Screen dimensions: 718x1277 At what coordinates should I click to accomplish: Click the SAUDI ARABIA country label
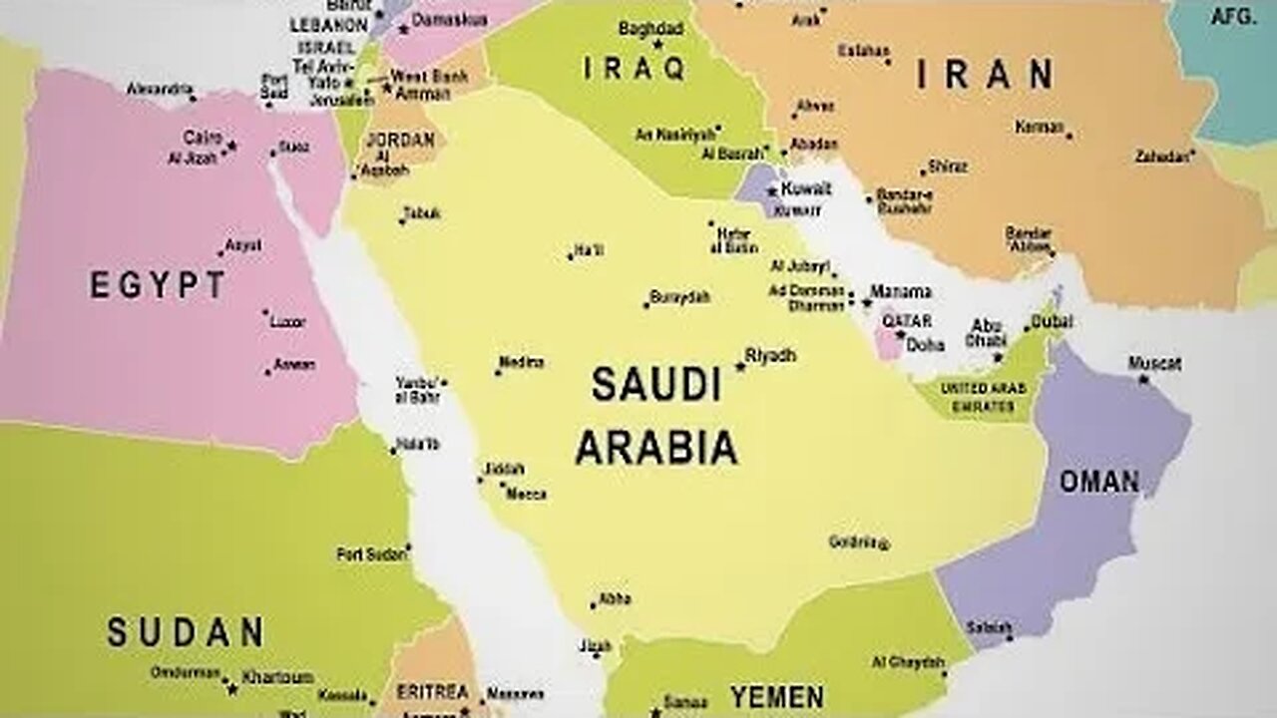tap(655, 416)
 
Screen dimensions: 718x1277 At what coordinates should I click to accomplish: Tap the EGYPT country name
tap(158, 286)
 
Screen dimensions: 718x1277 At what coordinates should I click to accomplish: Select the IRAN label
tap(984, 75)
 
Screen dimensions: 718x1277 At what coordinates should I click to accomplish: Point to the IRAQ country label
tap(635, 68)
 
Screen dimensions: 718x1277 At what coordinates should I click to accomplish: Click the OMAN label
tap(1098, 482)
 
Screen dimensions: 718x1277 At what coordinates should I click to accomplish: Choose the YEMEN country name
tap(776, 696)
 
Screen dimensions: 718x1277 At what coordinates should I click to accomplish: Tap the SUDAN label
tap(186, 632)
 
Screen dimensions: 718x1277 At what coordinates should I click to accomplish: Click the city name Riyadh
tap(771, 355)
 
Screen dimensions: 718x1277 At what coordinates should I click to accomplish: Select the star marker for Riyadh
tap(740, 367)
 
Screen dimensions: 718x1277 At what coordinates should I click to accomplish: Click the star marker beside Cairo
tap(231, 146)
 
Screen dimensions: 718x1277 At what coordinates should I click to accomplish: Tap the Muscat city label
tap(1154, 364)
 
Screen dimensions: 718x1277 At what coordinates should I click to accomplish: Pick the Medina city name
tap(521, 362)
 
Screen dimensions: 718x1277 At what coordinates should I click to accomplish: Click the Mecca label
tap(526, 494)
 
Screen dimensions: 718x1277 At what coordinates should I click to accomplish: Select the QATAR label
tap(907, 321)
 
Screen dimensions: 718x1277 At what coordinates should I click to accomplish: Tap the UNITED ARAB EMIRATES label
tap(978, 397)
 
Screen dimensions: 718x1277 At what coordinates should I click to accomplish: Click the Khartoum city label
tap(277, 677)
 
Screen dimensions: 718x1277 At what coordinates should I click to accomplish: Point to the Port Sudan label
tap(371, 553)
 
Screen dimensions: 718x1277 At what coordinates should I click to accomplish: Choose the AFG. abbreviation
tap(1233, 17)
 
